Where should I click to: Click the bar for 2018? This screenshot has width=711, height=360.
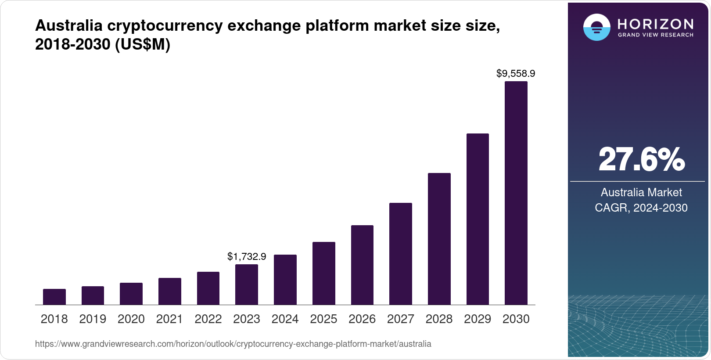[x=54, y=297]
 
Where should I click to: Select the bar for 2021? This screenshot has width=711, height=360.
[x=170, y=291]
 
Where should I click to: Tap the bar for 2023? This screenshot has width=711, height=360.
[x=247, y=284]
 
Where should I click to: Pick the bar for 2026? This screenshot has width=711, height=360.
[x=362, y=265]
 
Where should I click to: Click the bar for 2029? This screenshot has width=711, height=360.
[x=478, y=219]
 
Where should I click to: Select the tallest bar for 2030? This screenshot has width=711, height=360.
[x=516, y=193]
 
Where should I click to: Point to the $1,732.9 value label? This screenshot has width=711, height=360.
[x=247, y=256]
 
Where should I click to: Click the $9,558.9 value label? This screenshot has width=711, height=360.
[x=516, y=73]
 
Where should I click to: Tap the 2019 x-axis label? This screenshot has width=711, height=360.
[x=93, y=319]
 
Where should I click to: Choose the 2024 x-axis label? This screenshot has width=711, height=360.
[x=285, y=319]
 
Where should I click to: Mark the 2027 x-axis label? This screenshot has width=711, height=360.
[x=401, y=319]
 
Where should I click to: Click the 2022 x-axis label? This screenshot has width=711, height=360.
[x=208, y=319]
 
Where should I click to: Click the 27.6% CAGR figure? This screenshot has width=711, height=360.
[x=641, y=159]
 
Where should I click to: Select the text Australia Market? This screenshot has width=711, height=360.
[x=641, y=192]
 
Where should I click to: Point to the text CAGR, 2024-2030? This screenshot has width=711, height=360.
[x=641, y=208]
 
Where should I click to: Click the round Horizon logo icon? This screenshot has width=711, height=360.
[x=596, y=27]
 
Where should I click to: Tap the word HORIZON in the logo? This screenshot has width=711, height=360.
[x=656, y=24]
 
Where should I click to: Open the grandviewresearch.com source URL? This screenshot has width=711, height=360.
[x=233, y=344]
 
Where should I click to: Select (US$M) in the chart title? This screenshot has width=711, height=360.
[x=143, y=44]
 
